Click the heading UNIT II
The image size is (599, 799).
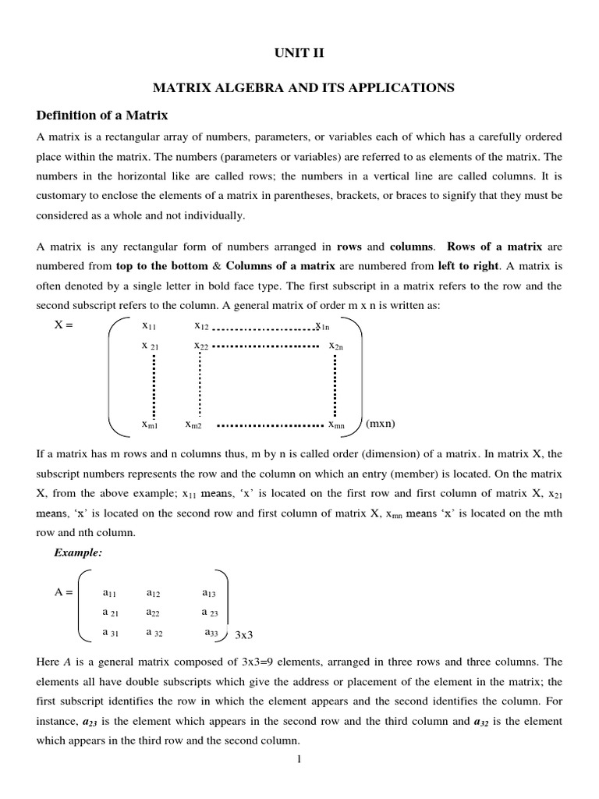click(299, 52)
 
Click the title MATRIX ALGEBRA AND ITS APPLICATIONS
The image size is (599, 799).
click(299, 87)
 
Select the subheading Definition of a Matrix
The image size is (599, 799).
click(102, 115)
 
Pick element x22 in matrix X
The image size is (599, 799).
click(202, 345)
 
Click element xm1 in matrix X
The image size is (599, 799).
click(150, 424)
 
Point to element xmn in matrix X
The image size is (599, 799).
click(336, 424)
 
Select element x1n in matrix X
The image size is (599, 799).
click(322, 325)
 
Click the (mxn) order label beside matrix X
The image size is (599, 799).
click(381, 424)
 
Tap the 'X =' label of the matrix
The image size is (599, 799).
click(63, 325)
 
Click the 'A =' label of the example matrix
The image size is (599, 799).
click(63, 592)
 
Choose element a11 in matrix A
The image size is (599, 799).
click(111, 593)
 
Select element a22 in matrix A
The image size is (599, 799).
click(153, 613)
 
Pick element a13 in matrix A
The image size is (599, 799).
click(209, 593)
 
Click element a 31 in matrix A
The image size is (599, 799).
click(111, 633)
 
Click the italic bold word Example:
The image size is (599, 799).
click(78, 552)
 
